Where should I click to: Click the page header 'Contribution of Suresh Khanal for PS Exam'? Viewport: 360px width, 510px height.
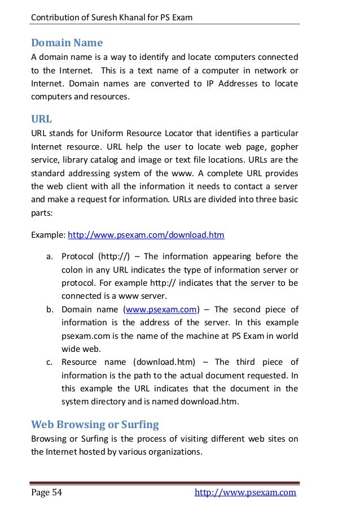click(112, 18)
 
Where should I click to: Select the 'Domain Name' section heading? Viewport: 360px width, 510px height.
click(67, 42)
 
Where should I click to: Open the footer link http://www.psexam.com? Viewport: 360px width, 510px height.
click(245, 492)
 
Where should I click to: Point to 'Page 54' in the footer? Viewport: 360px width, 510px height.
click(46, 492)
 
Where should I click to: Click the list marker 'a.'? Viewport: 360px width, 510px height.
click(50, 258)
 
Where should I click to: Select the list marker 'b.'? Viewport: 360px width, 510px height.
click(50, 310)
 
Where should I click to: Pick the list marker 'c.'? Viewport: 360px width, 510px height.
click(50, 361)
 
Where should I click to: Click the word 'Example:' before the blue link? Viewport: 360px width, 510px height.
click(47, 234)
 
